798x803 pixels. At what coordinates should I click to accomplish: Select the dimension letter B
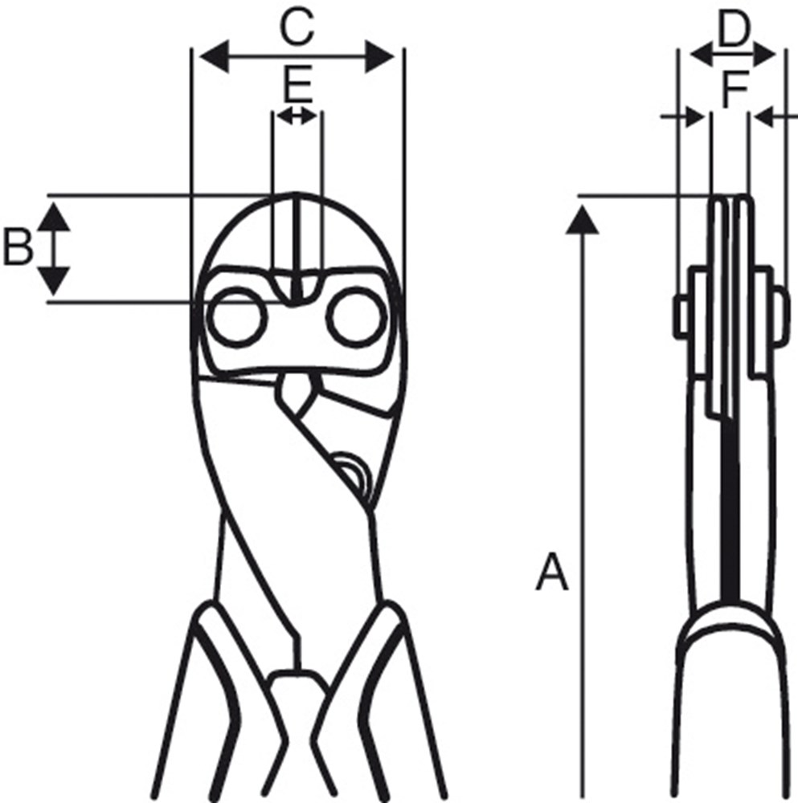coord(18,247)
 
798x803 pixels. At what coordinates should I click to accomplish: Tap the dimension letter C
coord(296,29)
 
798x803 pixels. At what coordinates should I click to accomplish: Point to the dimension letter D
coord(732,31)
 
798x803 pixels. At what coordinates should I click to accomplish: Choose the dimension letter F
coord(734,89)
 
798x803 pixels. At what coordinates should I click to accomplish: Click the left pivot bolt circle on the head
coord(237,319)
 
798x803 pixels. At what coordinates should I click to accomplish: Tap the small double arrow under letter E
coord(297,116)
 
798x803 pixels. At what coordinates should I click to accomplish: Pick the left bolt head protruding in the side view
coord(681,316)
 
